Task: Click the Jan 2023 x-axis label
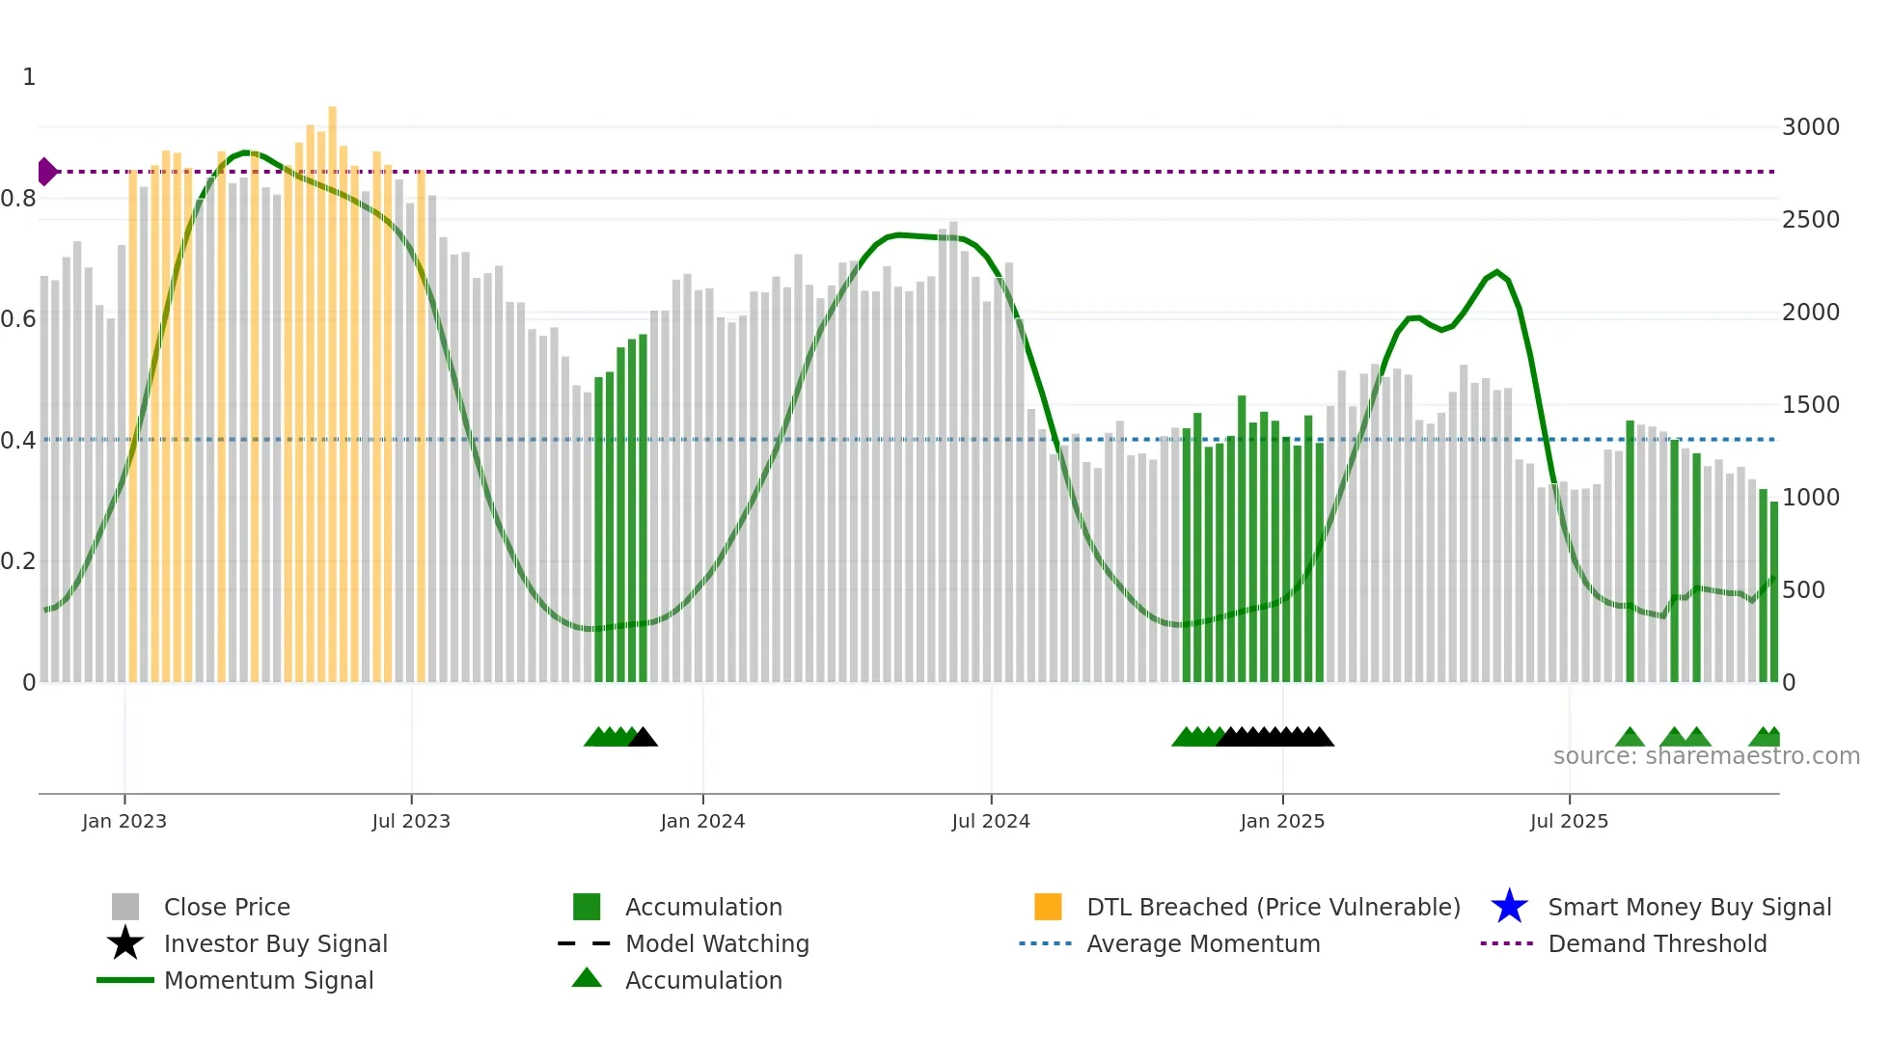tap(124, 821)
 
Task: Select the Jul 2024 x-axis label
tap(991, 821)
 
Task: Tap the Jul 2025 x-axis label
tap(1569, 821)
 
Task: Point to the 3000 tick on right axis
tap(1810, 127)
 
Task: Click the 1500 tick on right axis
tap(1810, 405)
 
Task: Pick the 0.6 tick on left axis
tap(18, 319)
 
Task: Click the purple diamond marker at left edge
tap(46, 172)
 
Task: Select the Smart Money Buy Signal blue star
tap(1509, 907)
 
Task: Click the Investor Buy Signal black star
tap(125, 943)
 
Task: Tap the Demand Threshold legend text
tap(1657, 943)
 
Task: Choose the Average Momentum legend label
tap(1203, 943)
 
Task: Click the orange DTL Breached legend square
tap(1048, 907)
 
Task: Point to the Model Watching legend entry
tap(717, 943)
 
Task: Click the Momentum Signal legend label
tap(268, 980)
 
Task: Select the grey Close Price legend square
tap(125, 907)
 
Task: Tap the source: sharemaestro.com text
tap(1706, 756)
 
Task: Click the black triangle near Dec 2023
tap(643, 738)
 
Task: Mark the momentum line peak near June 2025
tap(1496, 272)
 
